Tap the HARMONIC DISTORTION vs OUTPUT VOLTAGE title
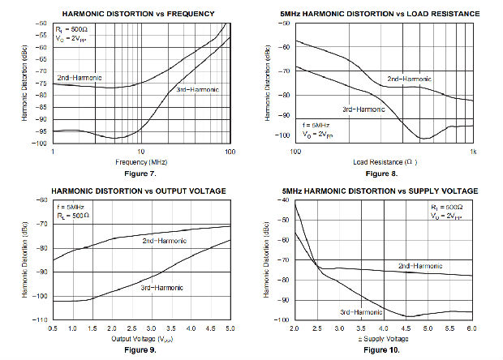(x=139, y=191)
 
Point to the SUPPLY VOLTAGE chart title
(x=380, y=191)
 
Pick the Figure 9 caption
(x=141, y=349)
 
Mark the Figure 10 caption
(x=383, y=349)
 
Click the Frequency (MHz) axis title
(x=140, y=161)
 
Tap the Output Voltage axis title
(x=140, y=338)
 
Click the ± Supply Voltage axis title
(x=383, y=338)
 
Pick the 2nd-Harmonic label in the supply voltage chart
(x=420, y=266)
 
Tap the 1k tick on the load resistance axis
(x=472, y=152)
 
